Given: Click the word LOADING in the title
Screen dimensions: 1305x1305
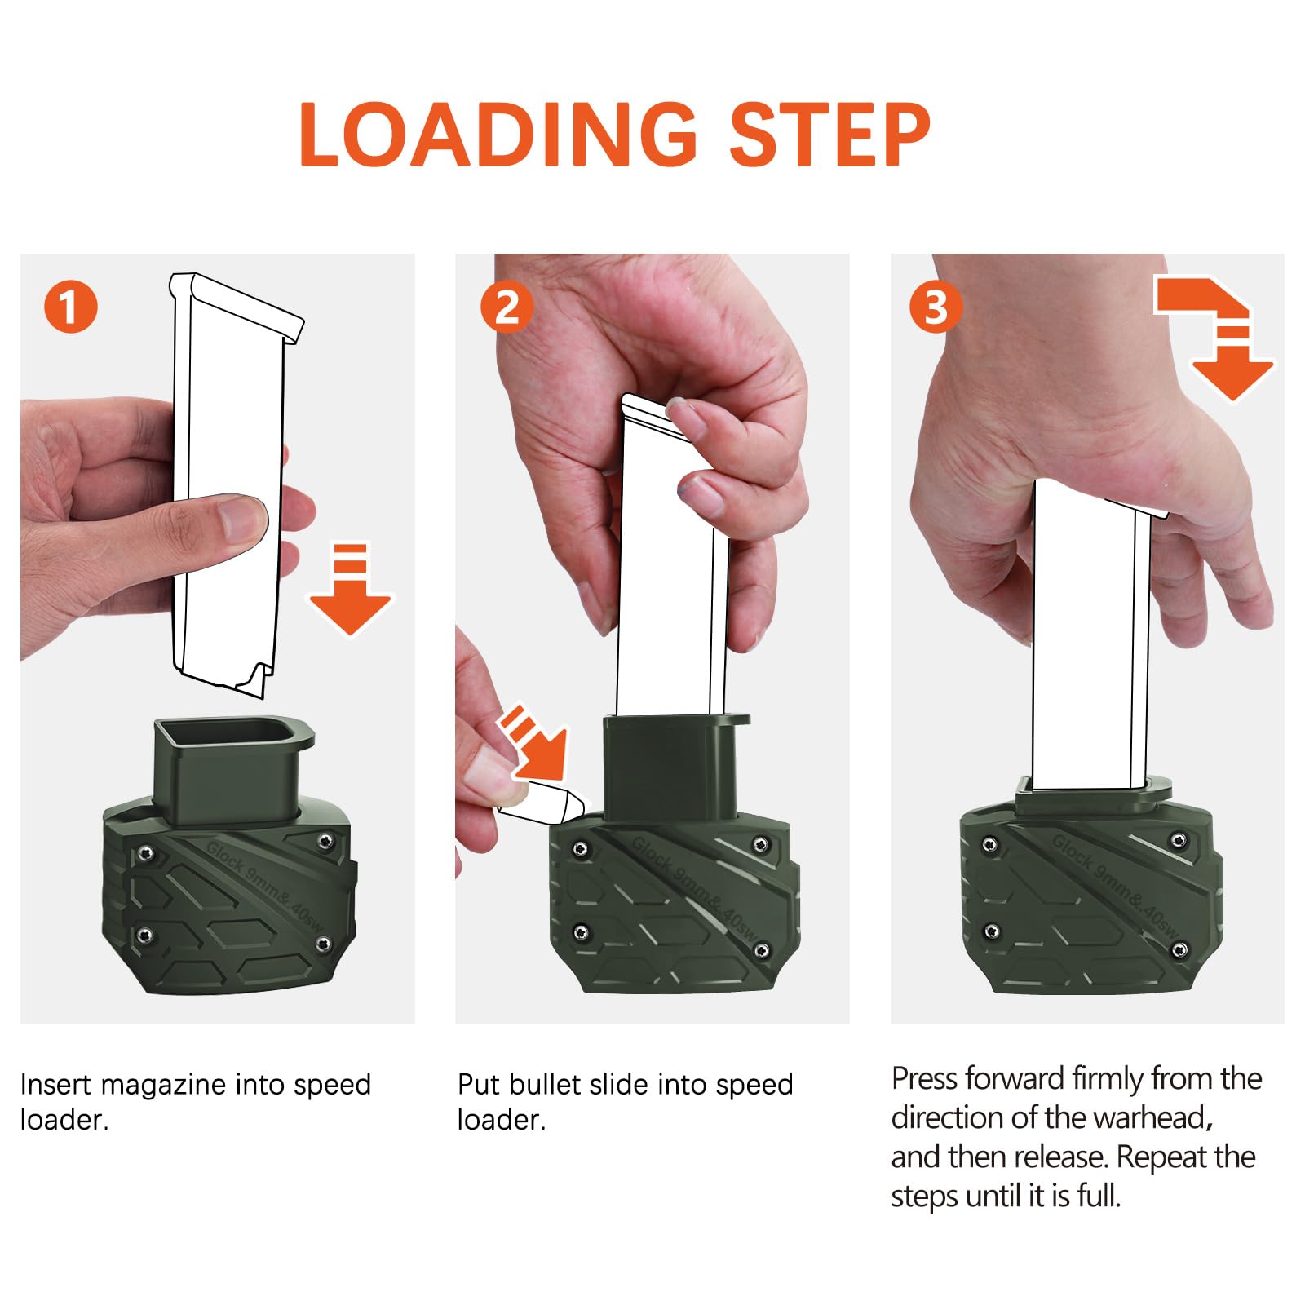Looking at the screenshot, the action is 498,135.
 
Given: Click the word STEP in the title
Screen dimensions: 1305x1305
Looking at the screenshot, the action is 829,135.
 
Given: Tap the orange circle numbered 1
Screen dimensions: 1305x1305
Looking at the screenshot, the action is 71,307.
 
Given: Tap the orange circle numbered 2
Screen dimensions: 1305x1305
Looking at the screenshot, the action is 507,307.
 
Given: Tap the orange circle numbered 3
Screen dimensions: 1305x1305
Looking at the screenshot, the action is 936,307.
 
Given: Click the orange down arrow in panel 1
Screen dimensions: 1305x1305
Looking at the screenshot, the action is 351,589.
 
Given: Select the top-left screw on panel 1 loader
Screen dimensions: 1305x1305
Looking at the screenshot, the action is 145,853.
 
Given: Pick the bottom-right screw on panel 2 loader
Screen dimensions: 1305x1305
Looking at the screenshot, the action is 762,949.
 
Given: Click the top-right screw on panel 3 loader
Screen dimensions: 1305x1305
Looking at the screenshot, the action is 1179,840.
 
